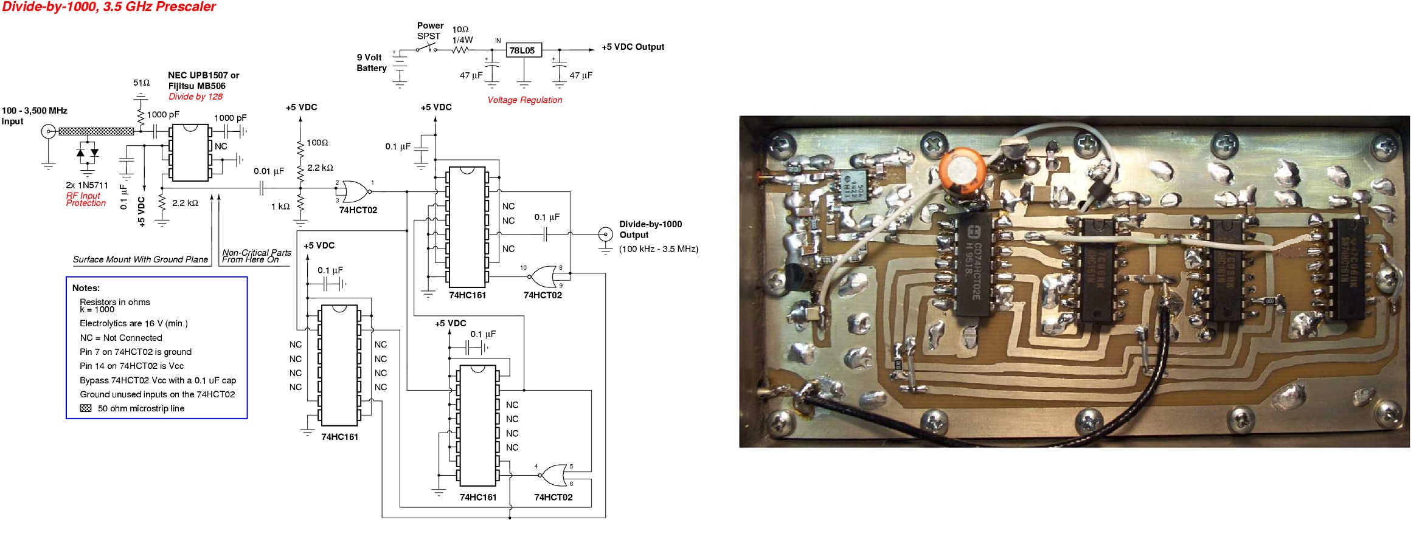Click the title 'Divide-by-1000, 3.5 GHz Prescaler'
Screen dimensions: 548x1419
(109, 7)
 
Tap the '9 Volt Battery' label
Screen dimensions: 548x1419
(371, 63)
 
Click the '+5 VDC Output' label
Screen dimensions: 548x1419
(633, 47)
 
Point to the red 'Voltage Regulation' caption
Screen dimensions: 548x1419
(524, 100)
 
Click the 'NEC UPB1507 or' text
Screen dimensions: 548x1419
(203, 75)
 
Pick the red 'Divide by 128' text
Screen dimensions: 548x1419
(195, 97)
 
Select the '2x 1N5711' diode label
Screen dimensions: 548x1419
(87, 185)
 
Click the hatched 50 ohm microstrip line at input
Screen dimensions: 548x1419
(96, 131)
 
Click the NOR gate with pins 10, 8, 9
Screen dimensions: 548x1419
(543, 276)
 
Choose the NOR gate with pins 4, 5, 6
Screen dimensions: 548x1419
(553, 475)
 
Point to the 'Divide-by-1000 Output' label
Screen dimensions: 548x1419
(650, 230)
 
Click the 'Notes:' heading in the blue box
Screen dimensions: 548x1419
(86, 288)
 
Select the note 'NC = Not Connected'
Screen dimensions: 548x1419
(120, 338)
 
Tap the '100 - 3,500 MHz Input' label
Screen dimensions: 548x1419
(34, 115)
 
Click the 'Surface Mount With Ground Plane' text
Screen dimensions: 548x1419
(140, 259)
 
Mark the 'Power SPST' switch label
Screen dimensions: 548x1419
(429, 30)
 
